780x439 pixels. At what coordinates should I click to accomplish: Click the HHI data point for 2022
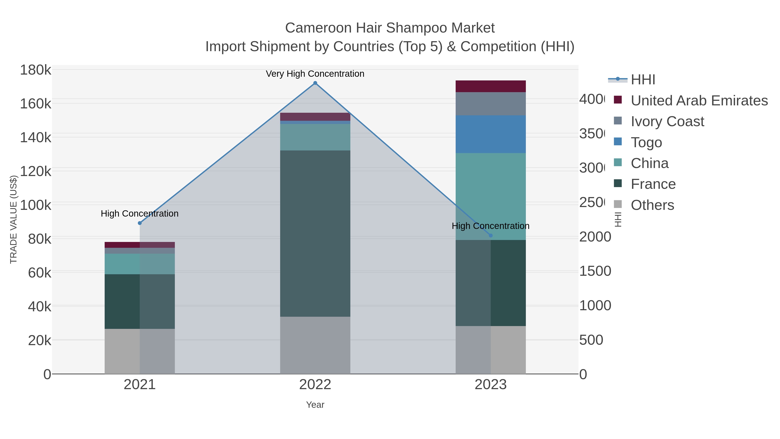click(315, 83)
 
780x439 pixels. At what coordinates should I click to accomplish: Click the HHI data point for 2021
click(140, 223)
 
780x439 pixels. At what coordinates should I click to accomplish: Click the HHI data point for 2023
click(491, 235)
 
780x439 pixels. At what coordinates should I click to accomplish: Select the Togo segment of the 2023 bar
click(491, 134)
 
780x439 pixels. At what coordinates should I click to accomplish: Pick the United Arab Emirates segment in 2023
click(491, 86)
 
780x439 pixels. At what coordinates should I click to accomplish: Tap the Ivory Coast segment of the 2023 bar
click(491, 104)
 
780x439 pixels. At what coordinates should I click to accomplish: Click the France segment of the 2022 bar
click(315, 233)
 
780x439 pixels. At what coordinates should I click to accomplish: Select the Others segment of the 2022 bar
click(315, 345)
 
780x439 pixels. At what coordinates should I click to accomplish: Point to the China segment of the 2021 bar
click(140, 264)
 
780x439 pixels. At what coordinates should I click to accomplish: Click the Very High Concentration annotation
click(315, 74)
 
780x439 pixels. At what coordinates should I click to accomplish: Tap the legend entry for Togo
click(646, 142)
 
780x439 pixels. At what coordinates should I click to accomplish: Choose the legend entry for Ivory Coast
click(667, 121)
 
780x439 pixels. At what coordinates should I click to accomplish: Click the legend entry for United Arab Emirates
click(699, 101)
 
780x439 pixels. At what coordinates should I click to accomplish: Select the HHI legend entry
click(643, 80)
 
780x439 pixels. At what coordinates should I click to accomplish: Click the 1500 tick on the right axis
click(595, 271)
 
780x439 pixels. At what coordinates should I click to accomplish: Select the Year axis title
click(315, 405)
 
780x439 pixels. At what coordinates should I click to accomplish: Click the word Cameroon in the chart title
click(318, 28)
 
